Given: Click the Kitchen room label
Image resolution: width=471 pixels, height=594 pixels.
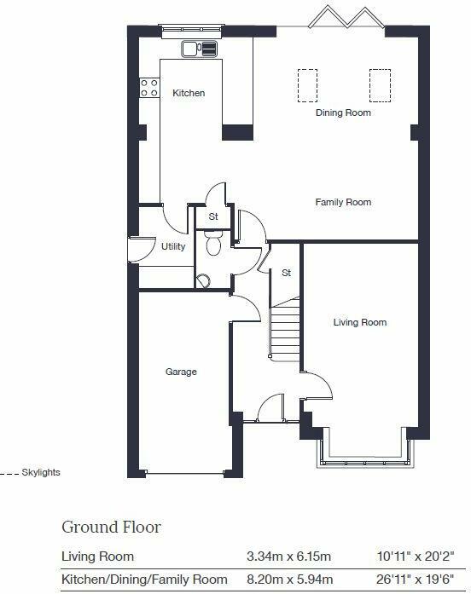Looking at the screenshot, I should pyautogui.click(x=189, y=93).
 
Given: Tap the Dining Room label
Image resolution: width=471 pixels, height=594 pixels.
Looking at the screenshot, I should pyautogui.click(x=343, y=112).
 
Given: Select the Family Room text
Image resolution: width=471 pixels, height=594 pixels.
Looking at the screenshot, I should pyautogui.click(x=343, y=202).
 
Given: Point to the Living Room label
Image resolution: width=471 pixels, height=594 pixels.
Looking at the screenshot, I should pyautogui.click(x=359, y=322).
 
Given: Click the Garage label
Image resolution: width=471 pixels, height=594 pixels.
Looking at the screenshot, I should pyautogui.click(x=181, y=372).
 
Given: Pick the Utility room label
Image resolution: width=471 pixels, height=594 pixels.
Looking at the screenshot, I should pyautogui.click(x=173, y=247).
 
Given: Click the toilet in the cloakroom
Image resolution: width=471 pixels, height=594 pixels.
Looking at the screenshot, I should pyautogui.click(x=213, y=246).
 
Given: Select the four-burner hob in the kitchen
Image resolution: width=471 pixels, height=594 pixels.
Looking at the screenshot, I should pyautogui.click(x=149, y=87).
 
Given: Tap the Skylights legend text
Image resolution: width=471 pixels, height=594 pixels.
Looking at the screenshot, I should pyautogui.click(x=41, y=472).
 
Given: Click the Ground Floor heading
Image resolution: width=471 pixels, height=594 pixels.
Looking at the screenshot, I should pyautogui.click(x=111, y=527).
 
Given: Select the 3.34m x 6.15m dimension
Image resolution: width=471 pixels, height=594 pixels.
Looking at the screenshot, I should pyautogui.click(x=288, y=557).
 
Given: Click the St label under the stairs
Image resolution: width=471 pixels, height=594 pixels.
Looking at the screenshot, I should pyautogui.click(x=287, y=274).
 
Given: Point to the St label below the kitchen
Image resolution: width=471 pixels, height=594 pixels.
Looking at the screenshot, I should pyautogui.click(x=213, y=216).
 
